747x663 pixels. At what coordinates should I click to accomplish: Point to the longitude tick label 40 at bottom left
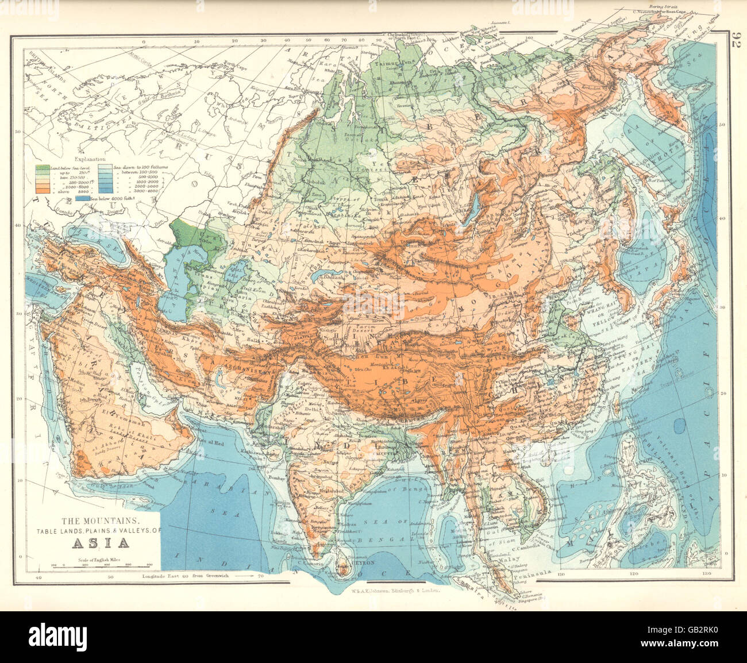pos(38,576)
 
